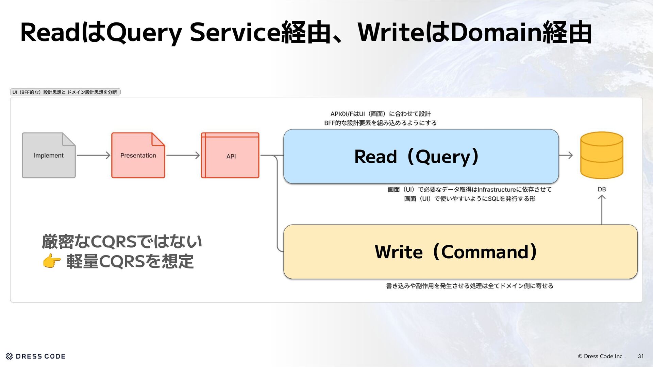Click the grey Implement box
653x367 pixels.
pos(49,155)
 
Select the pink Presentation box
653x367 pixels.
pos(138,155)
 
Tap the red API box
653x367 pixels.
pos(230,156)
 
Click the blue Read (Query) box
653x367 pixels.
pos(421,156)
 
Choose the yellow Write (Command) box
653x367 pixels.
pos(460,252)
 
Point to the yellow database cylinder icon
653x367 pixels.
pos(601,155)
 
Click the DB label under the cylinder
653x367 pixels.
pos(602,189)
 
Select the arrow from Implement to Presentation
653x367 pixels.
pos(94,155)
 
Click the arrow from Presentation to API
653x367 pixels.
pos(183,155)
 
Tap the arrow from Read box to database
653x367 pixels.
pos(566,155)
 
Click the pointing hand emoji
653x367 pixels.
pos(52,261)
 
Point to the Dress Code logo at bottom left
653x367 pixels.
pos(36,356)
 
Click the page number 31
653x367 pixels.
pos(641,356)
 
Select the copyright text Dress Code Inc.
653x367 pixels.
pos(601,356)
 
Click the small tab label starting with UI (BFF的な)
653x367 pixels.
pos(65,92)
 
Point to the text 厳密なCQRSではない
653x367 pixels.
pos(122,242)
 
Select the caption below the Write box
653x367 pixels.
pos(470,286)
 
